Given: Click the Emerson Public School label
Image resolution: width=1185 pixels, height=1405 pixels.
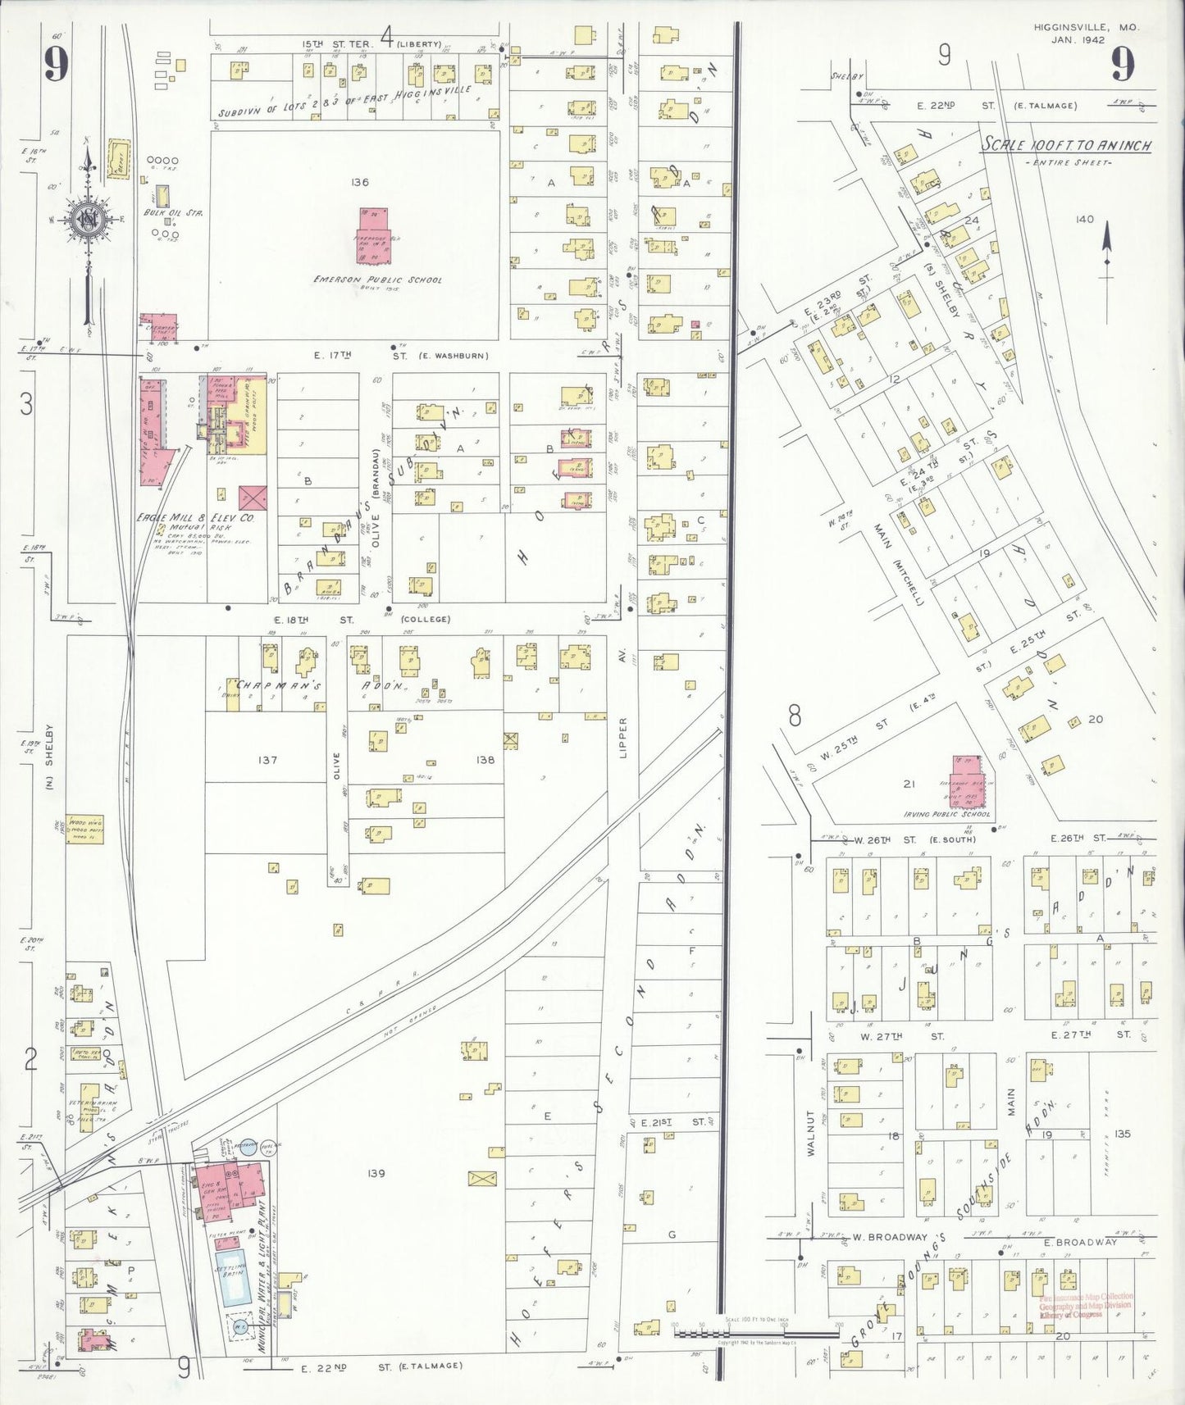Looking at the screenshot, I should click(377, 280).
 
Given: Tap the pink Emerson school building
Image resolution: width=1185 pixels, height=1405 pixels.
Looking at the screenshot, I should click(373, 234).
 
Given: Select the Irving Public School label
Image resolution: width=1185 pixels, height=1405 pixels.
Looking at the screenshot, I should click(947, 814).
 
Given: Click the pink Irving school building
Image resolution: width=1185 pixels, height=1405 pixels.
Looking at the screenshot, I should click(969, 779).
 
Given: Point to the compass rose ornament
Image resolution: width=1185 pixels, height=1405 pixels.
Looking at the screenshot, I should click(86, 219).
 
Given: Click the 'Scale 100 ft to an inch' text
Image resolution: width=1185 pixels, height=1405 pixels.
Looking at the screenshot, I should click(1066, 146).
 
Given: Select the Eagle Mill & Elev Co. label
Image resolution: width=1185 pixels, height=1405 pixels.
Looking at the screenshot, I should click(197, 518).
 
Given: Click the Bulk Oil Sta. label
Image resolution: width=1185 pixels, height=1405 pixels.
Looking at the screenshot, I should click(173, 212).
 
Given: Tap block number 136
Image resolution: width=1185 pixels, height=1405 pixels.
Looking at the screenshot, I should click(358, 182).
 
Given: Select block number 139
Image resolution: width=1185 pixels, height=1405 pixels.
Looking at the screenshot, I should click(376, 1173).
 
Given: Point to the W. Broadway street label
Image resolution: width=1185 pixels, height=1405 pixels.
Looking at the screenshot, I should click(889, 1237).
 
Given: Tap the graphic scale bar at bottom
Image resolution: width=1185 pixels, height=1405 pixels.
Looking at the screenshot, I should click(754, 1334).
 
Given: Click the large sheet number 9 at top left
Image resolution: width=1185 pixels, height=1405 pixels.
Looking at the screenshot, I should click(56, 64).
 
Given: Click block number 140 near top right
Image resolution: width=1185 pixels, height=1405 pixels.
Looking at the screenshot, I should click(1084, 219).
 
